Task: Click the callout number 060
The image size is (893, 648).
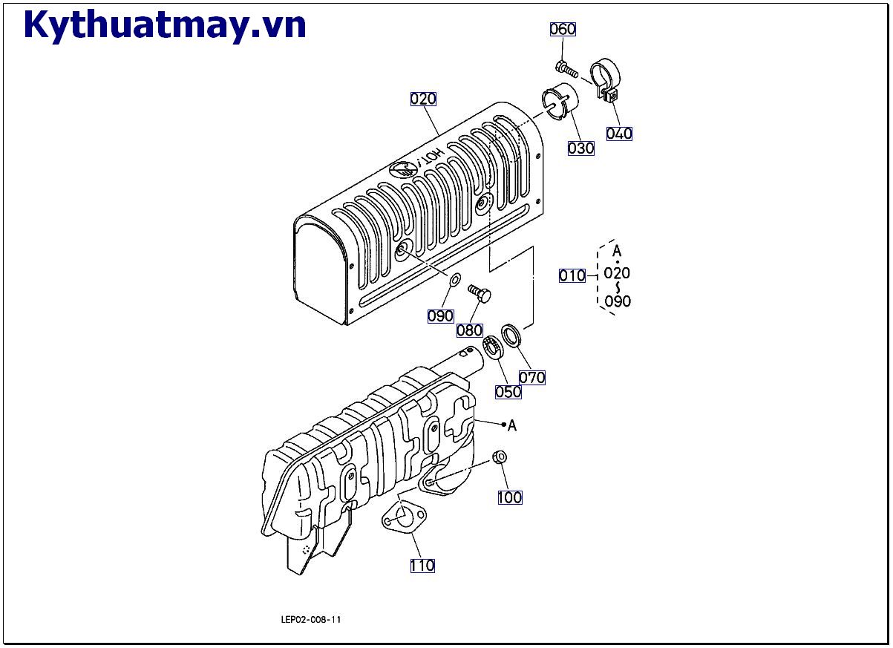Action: pos(563,29)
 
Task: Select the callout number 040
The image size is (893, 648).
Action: pos(619,134)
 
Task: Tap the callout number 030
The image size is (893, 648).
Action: pos(580,148)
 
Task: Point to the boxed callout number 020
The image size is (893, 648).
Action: pos(423,99)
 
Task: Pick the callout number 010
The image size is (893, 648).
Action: pos(572,275)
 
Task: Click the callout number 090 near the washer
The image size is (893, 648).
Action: pos(440,315)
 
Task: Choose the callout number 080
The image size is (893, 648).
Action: pos(469,330)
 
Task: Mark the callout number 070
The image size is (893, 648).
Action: pos(531,377)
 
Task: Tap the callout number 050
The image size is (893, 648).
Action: pos(508,391)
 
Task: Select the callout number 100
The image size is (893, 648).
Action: pos(509,497)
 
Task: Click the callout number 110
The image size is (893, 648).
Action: pos(422,566)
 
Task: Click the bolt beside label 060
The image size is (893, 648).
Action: pos(566,70)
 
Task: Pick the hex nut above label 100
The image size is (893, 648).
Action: pos(500,457)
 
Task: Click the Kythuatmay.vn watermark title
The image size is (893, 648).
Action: pos(165,26)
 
